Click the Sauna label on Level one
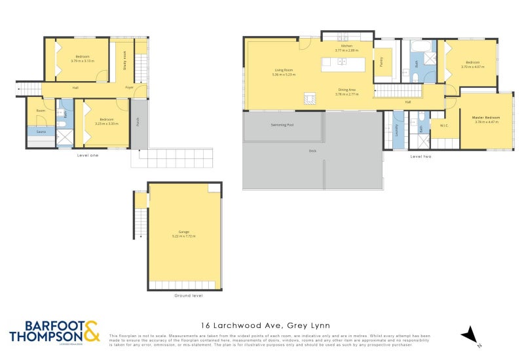point(40,130)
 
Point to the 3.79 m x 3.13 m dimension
point(83,61)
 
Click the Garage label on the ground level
point(184,232)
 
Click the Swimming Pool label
point(282,124)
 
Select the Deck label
point(312,151)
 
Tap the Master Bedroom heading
point(485,118)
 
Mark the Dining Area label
point(347,90)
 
